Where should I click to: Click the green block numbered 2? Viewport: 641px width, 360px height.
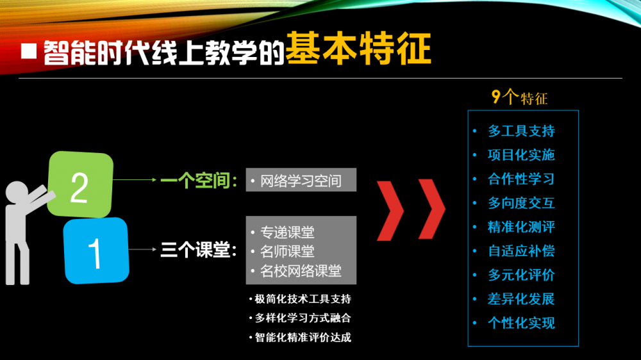coord(80,184)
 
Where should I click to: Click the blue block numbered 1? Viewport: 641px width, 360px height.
coord(97,250)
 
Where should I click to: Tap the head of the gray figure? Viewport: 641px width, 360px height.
coord(17,192)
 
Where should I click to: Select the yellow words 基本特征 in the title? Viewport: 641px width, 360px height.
coord(358,49)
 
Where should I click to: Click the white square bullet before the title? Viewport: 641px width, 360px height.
coord(29,51)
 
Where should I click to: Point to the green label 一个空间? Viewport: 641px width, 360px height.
coord(199,180)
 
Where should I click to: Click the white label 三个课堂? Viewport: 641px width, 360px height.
coord(199,250)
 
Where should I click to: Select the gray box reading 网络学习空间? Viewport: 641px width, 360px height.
coord(301,180)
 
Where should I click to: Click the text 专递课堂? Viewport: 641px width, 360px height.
coord(287,232)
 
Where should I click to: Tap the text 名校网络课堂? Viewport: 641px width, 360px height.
coord(301,270)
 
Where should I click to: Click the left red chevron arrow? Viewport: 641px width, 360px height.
coord(390,210)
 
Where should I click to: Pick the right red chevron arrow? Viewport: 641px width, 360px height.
coord(431,209)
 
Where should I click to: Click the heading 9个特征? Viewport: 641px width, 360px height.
coord(519,97)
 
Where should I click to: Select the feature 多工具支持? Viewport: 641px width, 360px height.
coord(521,131)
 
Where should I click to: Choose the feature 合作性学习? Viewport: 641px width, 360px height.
coord(521,179)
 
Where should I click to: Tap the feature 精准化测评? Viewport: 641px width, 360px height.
coord(521,227)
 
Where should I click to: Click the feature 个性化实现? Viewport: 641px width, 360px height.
coord(521,323)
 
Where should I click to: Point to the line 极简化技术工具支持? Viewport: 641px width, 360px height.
coord(303,299)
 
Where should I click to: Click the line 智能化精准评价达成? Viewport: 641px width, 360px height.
coord(303,337)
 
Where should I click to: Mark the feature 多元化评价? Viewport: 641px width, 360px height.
coord(521,275)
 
